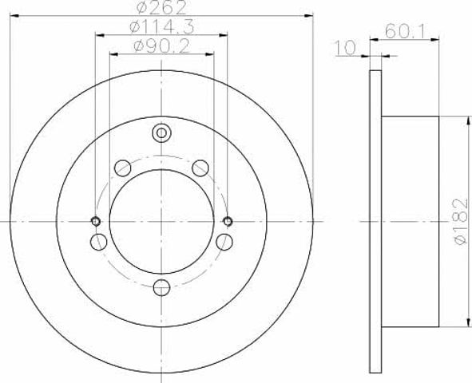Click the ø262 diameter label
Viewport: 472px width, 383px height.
click(x=161, y=7)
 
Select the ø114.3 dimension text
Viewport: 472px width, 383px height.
click(x=161, y=27)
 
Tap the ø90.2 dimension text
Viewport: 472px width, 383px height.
click(x=161, y=46)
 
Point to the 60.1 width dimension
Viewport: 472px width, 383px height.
click(x=405, y=31)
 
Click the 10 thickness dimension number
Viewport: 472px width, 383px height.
click(x=346, y=48)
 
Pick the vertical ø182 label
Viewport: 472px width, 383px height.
click(x=461, y=221)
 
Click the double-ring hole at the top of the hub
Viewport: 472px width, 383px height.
click(x=161, y=133)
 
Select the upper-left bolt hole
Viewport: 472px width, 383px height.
click(x=122, y=168)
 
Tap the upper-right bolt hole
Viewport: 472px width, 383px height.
click(x=200, y=168)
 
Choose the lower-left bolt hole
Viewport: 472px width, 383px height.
click(x=98, y=242)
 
